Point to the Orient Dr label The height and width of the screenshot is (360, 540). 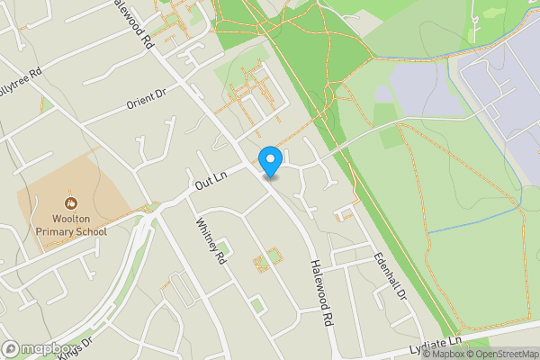coord(146,98)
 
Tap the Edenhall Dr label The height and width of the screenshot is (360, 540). coord(391,274)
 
